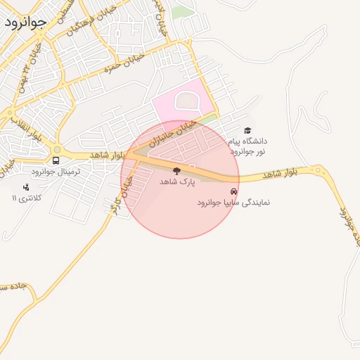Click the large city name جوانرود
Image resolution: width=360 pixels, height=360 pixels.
click(x=25, y=21)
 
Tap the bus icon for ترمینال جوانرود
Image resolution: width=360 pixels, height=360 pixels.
click(x=56, y=160)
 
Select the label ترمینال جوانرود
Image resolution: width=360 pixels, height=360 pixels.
click(x=56, y=172)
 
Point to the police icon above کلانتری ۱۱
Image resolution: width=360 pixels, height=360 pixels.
click(x=26, y=187)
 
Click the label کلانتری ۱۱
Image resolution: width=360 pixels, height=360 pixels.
click(x=27, y=198)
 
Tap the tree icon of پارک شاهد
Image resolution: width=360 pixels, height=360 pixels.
click(x=176, y=171)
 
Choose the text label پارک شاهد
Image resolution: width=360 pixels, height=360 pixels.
click(x=176, y=181)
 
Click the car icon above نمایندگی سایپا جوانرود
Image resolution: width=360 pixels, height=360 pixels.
click(x=233, y=191)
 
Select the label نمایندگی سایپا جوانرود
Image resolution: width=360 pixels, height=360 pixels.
click(x=233, y=202)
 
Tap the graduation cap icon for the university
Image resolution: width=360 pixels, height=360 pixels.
click(x=247, y=130)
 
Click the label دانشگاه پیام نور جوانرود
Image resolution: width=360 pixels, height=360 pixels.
click(x=247, y=146)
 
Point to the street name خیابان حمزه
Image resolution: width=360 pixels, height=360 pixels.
click(x=124, y=63)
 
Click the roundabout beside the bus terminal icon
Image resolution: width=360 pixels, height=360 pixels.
click(x=57, y=148)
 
